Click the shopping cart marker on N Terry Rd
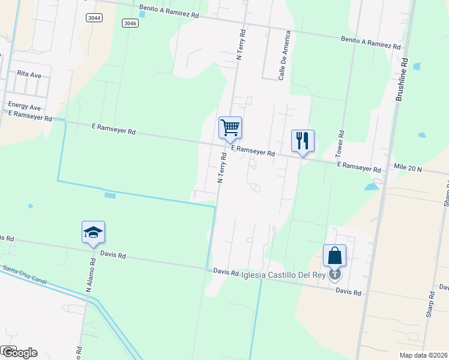pyautogui.click(x=230, y=128)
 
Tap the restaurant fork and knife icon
pyautogui.click(x=303, y=141)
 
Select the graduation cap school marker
pyautogui.click(x=93, y=232)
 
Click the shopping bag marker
pyautogui.click(x=334, y=256)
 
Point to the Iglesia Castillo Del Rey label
pyautogui.click(x=283, y=275)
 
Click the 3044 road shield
pyautogui.click(x=94, y=17)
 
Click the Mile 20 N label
pyautogui.click(x=408, y=170)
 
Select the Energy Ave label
pyautogui.click(x=20, y=106)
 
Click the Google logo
pyautogui.click(x=19, y=353)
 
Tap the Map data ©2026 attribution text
pyautogui.click(x=423, y=355)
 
